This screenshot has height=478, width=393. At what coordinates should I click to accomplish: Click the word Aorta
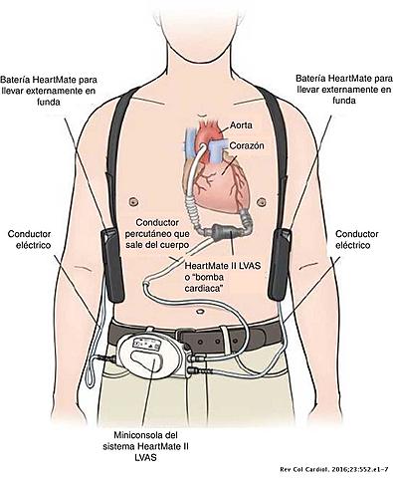tap(241, 126)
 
